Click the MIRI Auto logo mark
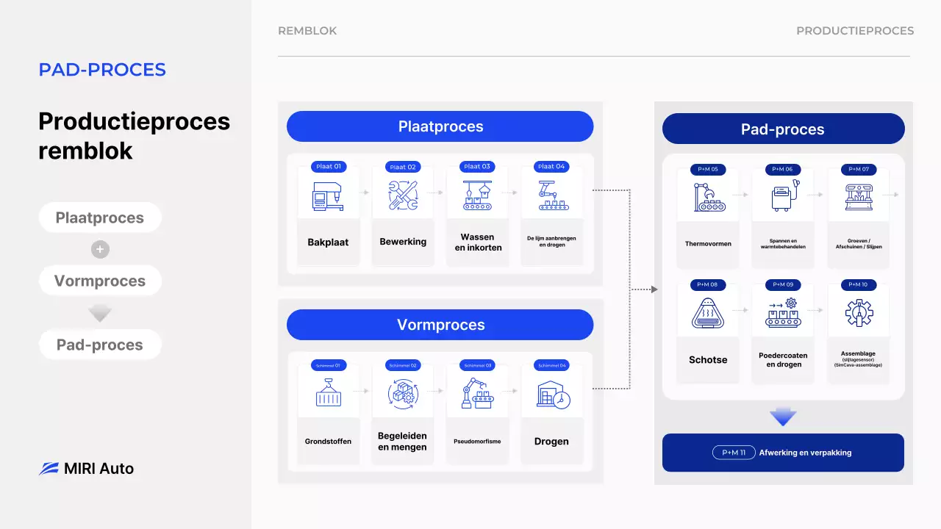tap(49, 469)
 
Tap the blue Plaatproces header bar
tap(440, 126)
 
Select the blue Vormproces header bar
tap(440, 325)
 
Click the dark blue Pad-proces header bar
tap(783, 129)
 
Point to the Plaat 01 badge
tap(329, 167)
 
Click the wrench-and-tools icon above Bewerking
tap(403, 196)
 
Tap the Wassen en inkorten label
tap(478, 242)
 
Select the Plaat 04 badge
tap(551, 167)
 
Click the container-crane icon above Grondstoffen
tap(329, 394)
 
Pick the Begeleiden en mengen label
tap(402, 442)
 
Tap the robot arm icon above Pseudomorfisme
tap(477, 394)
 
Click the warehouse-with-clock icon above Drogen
tap(553, 395)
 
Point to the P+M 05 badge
tap(708, 170)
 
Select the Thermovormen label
tap(708, 243)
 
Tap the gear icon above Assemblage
tap(858, 313)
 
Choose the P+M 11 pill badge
tap(733, 453)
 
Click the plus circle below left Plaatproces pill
tap(100, 250)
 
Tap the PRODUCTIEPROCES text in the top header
tap(855, 31)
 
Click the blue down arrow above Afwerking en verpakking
tap(783, 417)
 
